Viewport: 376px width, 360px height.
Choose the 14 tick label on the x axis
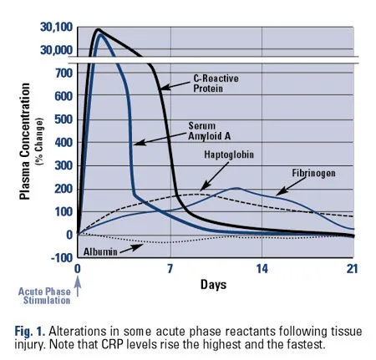pos(261,269)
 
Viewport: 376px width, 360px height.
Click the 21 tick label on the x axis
pos(352,269)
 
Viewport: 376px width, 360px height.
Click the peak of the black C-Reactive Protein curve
pos(98,29)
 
